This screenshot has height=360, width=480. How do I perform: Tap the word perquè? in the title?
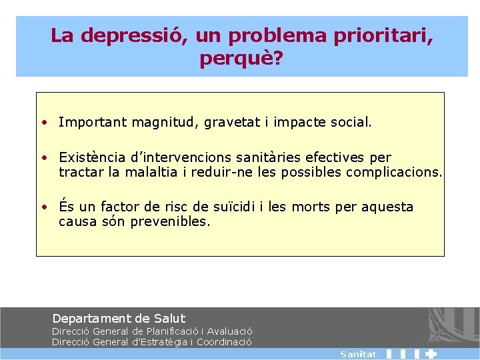(240, 59)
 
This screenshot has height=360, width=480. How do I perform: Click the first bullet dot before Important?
(43, 123)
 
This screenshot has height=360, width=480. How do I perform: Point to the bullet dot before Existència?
(43, 158)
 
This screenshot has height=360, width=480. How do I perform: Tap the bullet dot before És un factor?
(43, 207)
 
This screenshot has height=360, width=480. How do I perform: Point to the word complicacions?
(393, 173)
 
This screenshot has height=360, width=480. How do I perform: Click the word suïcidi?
(237, 207)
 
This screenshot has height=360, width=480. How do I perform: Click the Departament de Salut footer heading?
(119, 319)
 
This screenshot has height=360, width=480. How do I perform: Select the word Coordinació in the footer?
(225, 342)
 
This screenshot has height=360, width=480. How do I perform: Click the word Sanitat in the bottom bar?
(358, 355)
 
